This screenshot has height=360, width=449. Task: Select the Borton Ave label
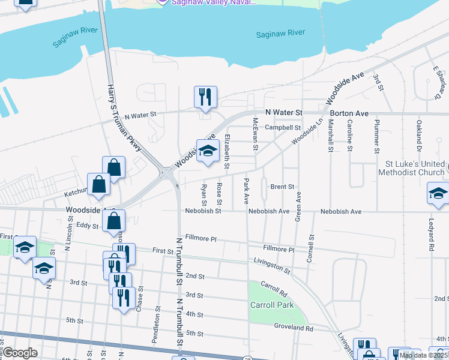click(348, 113)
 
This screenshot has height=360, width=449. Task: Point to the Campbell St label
click(283, 128)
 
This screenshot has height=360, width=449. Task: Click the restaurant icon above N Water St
click(205, 97)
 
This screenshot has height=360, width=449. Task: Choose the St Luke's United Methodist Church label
click(411, 168)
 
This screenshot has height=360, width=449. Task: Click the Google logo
click(20, 353)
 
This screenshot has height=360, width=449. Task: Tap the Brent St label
click(282, 187)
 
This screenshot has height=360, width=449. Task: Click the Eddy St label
click(88, 226)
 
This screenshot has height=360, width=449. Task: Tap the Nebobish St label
click(203, 211)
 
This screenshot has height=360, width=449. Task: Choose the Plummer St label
click(376, 136)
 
